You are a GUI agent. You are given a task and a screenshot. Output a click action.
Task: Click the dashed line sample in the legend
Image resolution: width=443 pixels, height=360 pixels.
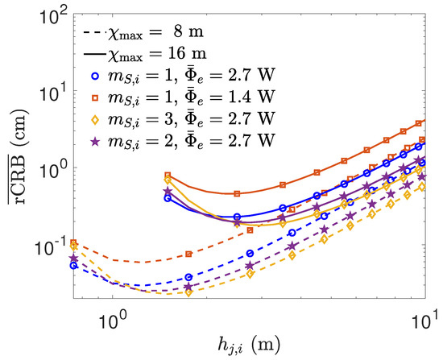pos(96,35)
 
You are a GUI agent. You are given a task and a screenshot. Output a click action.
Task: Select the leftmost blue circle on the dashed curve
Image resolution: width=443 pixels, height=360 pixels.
pos(74,265)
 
